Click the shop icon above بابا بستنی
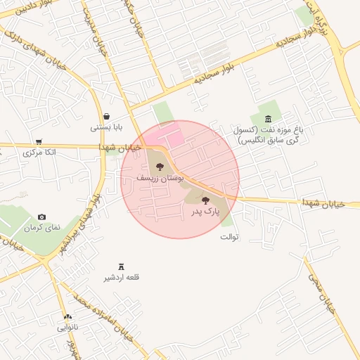click(x=106, y=117)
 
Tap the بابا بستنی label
click(x=106, y=128)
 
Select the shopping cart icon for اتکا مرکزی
click(x=39, y=141)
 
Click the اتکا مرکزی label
click(x=39, y=152)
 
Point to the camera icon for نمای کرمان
click(x=42, y=217)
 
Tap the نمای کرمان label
click(x=42, y=228)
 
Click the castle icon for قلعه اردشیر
click(x=122, y=266)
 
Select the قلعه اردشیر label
click(x=122, y=278)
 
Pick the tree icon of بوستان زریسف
click(x=160, y=167)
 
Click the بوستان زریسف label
click(x=160, y=179)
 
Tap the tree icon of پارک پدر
click(x=205, y=200)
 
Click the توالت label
click(x=230, y=236)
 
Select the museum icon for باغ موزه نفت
click(x=269, y=117)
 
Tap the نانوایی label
click(x=68, y=328)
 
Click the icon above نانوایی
click(x=67, y=317)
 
